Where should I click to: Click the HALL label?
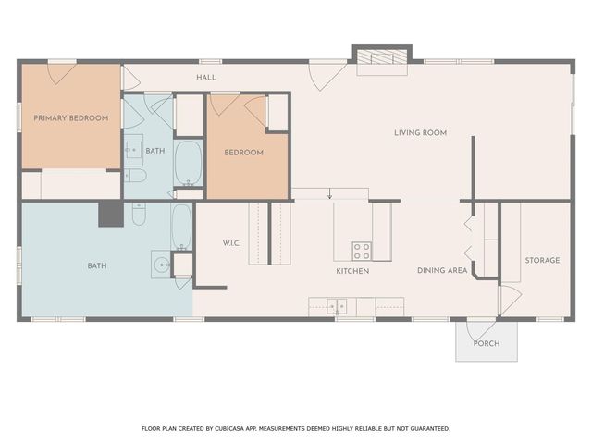206,77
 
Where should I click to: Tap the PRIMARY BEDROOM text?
71,118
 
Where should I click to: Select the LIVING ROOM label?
420,132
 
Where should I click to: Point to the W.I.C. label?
231,244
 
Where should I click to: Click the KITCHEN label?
352,271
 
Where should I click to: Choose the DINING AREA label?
442,271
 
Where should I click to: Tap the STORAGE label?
542,260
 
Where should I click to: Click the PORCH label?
487,343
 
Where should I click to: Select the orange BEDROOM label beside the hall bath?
244,153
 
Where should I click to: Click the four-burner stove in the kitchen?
362,250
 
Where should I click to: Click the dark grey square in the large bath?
111,215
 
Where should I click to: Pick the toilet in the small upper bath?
135,175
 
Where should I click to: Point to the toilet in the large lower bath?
139,215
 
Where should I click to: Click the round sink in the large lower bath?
160,265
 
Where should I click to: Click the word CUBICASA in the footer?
234,428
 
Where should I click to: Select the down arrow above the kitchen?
330,194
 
